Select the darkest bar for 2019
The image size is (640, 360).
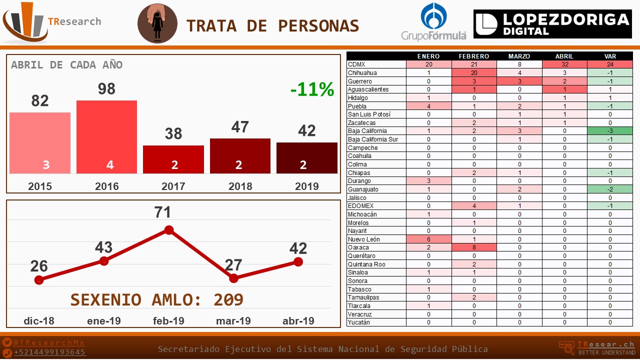[x=306, y=157]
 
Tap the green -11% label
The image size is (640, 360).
[x=312, y=89]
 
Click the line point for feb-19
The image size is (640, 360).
[x=169, y=230]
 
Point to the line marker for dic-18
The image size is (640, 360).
[x=39, y=280]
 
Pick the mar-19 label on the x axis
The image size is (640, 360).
[x=233, y=321]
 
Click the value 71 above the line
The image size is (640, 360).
[x=163, y=212]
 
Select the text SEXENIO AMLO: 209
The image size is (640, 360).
[x=156, y=299]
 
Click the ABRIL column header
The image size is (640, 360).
[x=564, y=56]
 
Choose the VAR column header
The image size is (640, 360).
[x=610, y=56]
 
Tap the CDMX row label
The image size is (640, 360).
[x=357, y=64]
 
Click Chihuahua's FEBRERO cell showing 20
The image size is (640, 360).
[x=474, y=73]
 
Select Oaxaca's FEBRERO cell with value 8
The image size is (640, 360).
[x=474, y=247]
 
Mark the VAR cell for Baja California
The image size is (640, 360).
[x=610, y=131]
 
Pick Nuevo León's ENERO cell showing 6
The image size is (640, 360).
[x=428, y=239]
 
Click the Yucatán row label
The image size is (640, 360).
[x=359, y=322]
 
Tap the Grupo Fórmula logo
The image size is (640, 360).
[x=434, y=21]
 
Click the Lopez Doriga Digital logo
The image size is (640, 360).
[x=552, y=23]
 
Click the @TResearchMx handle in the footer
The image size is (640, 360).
[x=49, y=342]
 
